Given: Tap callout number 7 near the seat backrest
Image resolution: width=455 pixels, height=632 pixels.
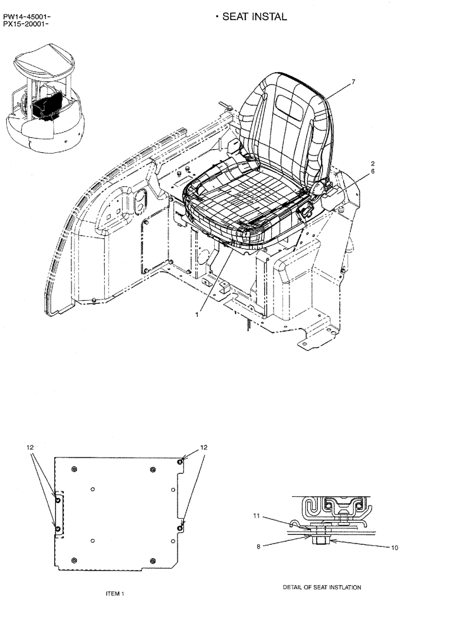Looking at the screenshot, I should coord(354,82).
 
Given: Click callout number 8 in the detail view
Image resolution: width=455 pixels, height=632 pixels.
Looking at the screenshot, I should coord(258,547).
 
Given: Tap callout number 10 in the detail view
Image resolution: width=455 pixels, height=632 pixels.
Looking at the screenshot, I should coord(395,548).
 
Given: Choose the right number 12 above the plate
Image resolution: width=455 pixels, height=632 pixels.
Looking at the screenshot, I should coord(203,447).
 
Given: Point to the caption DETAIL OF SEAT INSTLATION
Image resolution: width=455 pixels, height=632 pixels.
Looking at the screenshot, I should coord(322,588).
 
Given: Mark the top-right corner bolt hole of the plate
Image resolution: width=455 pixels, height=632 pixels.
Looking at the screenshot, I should coord(181,463).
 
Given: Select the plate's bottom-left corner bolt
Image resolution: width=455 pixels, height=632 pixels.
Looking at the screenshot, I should coord(75,560).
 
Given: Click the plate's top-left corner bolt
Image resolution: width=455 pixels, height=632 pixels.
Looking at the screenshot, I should coord(75,468).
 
